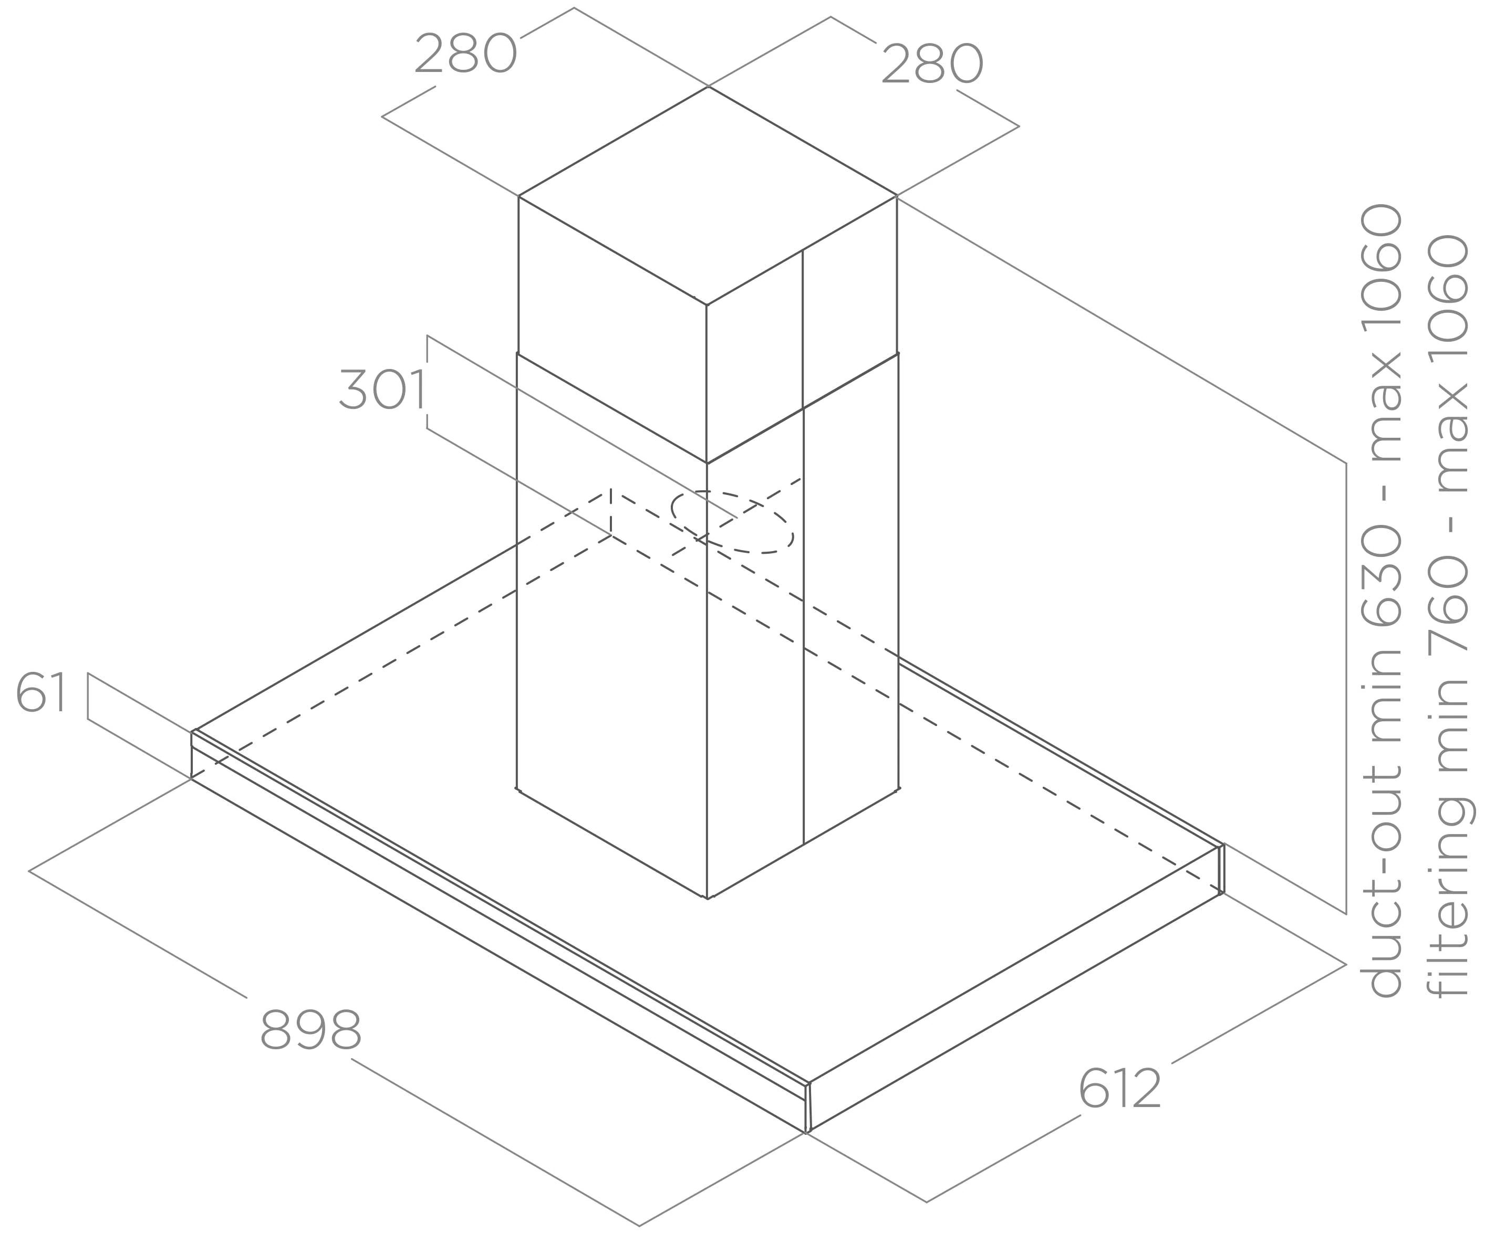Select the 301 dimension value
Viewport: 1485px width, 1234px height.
[382, 389]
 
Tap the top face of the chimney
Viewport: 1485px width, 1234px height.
[708, 196]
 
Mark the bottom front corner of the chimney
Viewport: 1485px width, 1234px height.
[707, 898]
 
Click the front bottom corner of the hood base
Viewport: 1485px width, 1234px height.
[807, 1132]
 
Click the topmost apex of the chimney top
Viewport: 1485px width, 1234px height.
[708, 86]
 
